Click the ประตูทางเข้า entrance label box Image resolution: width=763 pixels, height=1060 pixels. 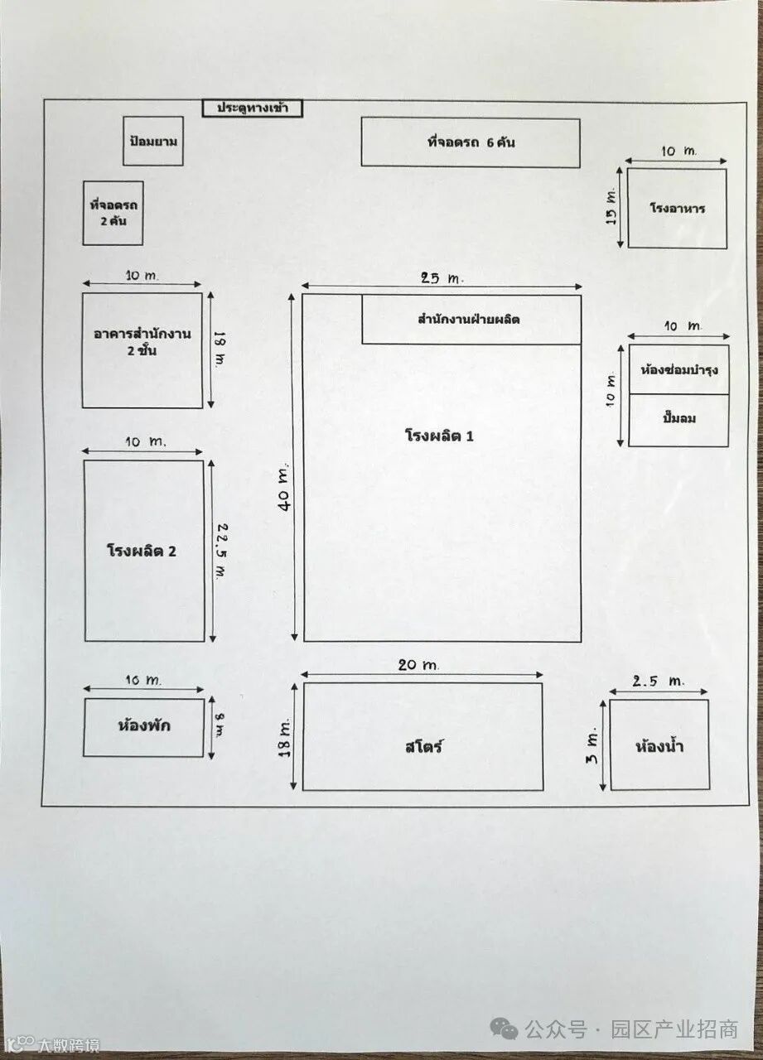point(253,108)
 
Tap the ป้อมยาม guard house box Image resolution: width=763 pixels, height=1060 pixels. point(153,141)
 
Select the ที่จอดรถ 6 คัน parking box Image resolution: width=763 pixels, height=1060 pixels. point(470,142)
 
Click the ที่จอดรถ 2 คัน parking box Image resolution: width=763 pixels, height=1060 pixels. point(113,213)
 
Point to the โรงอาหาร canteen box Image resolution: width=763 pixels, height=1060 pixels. point(677,208)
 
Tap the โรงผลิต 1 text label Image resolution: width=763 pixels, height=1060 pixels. point(439,436)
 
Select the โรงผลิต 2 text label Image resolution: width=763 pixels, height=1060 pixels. point(142,551)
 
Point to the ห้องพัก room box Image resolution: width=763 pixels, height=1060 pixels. point(143,727)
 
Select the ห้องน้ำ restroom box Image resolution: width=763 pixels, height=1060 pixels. point(659,745)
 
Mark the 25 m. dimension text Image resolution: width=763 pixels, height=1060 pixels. point(442,279)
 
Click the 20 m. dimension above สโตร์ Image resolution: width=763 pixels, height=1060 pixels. point(418,665)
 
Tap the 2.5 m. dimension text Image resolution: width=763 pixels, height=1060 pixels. point(658,682)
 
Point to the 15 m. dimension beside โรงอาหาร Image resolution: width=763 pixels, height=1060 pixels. point(611,207)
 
